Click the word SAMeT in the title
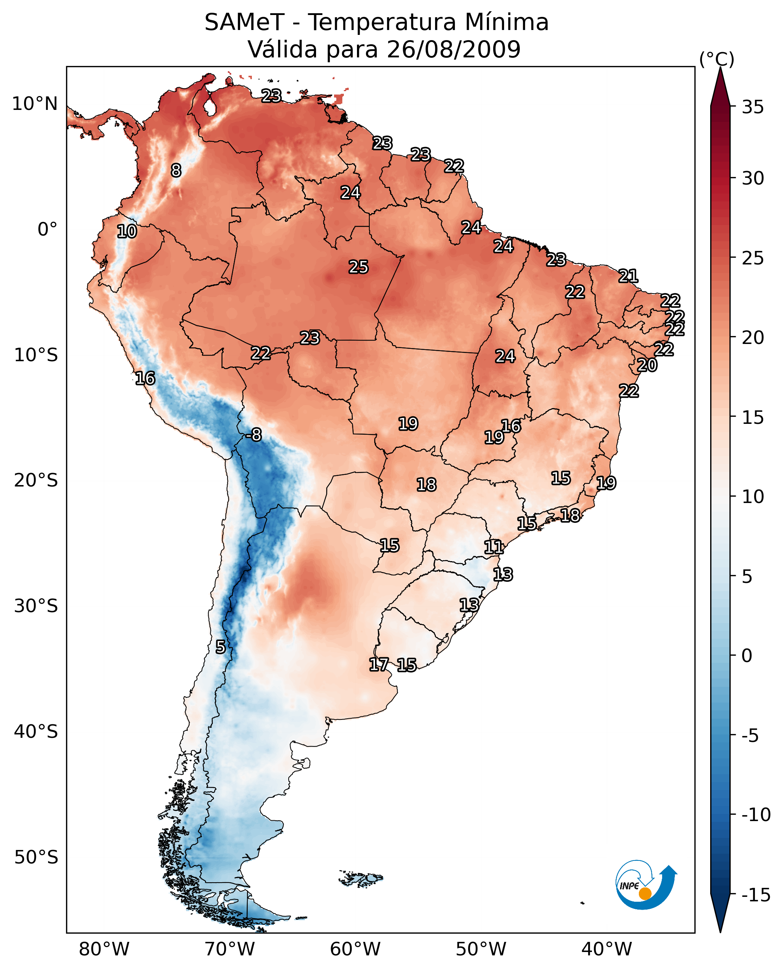click(x=244, y=23)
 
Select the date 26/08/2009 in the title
click(x=453, y=50)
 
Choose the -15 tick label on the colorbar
click(x=756, y=895)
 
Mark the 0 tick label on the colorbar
click(x=747, y=656)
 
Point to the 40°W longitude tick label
click(x=606, y=949)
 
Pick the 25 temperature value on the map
click(x=358, y=267)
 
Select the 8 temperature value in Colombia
click(x=176, y=170)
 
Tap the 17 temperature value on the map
click(x=378, y=664)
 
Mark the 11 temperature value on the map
click(x=494, y=547)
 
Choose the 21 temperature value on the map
click(x=628, y=276)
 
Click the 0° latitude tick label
click(x=47, y=230)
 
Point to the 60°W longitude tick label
click(x=355, y=949)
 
